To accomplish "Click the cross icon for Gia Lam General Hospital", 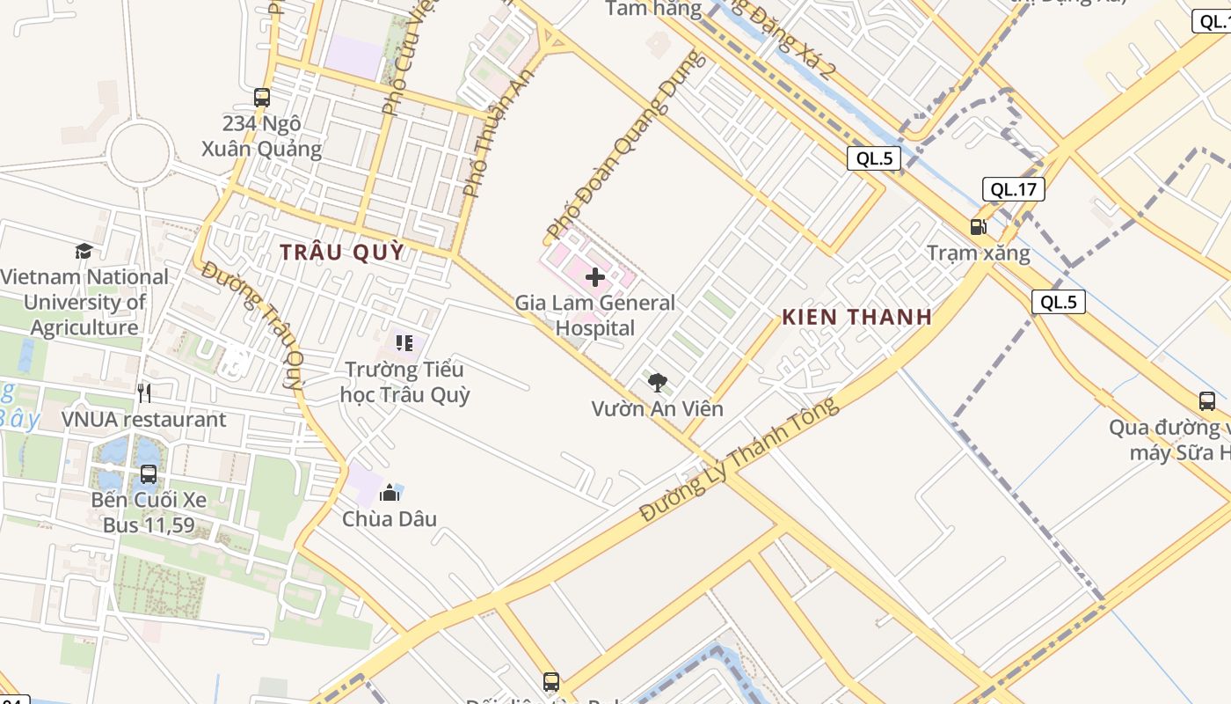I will [x=595, y=277].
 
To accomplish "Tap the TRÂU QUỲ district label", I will [x=342, y=252].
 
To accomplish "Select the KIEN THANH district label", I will [x=856, y=317].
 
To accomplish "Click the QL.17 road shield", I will [x=1013, y=189].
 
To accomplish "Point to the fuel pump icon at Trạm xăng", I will [x=978, y=227].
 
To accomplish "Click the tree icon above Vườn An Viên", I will [x=657, y=382].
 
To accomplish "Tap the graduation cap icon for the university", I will [x=84, y=252].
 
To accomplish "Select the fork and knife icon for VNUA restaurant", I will [x=144, y=392].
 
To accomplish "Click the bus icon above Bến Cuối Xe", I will [x=149, y=474].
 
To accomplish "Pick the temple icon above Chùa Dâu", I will [x=390, y=493].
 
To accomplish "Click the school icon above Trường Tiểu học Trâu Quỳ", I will [x=404, y=343].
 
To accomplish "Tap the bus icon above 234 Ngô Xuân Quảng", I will [x=261, y=97].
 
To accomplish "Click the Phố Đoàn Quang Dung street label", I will [x=625, y=144].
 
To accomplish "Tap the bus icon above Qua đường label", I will [x=1207, y=401].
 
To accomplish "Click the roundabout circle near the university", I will [x=141, y=151].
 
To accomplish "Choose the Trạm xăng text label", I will [x=978, y=253].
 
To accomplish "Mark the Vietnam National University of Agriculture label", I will [x=84, y=302].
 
